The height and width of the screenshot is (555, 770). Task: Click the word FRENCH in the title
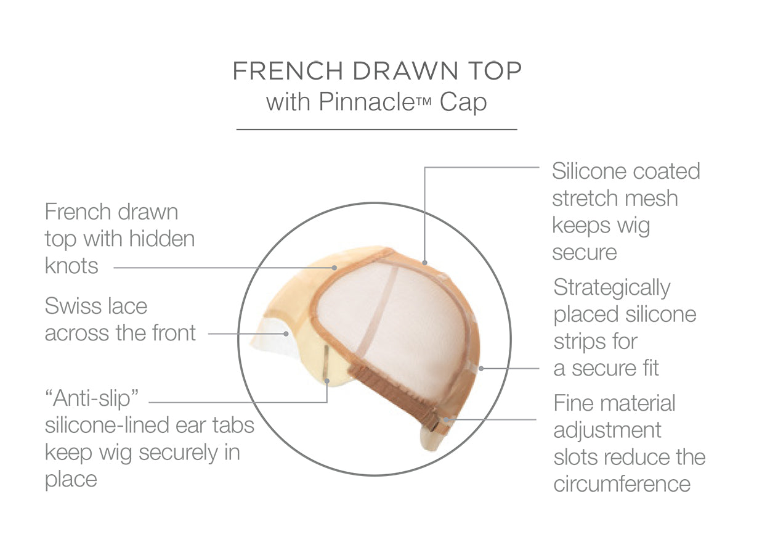coord(288,71)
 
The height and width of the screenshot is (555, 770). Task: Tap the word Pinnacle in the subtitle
coord(367,102)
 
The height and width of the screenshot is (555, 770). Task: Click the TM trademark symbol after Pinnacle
coord(424,102)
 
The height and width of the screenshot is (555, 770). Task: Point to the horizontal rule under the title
coord(377,129)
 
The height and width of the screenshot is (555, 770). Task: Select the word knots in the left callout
coord(71,266)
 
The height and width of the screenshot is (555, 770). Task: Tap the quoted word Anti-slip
coord(92,398)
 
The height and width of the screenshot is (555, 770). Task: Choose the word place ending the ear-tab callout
coord(71,480)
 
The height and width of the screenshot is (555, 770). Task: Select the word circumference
coord(622,484)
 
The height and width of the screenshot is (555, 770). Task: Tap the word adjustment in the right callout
coord(607,431)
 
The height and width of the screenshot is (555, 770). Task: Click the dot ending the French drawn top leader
coord(334,268)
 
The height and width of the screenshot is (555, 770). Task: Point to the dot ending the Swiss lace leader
coord(286,334)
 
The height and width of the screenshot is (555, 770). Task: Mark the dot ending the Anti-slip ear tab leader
coord(327,381)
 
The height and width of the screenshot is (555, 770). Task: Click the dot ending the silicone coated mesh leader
coord(425,263)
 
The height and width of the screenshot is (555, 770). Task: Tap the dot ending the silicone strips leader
coord(481,369)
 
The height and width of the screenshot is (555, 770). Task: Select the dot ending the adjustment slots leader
coord(445,419)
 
